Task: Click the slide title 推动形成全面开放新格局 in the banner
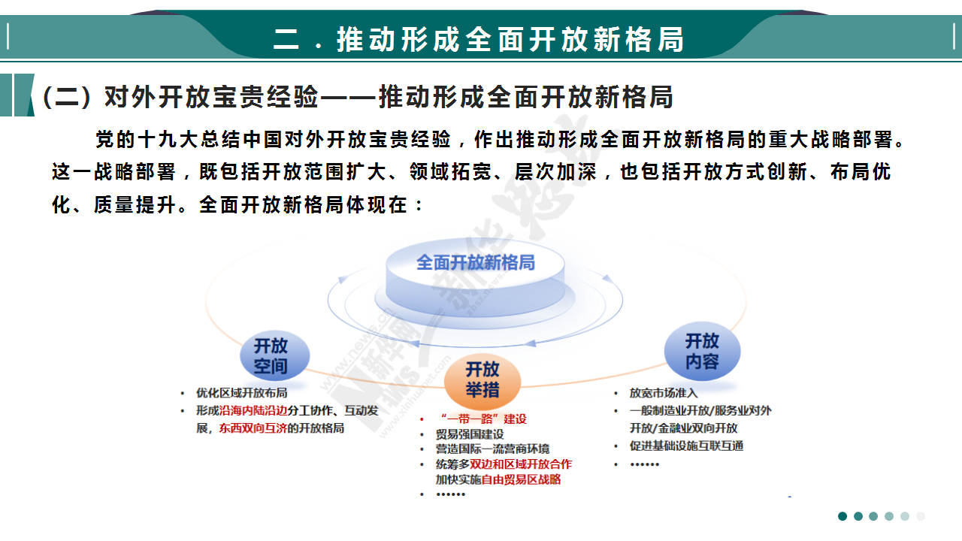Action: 510,39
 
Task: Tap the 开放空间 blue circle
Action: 274,356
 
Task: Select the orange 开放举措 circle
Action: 483,380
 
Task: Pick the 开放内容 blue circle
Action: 702,351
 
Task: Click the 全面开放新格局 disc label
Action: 476,262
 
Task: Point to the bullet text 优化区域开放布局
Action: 242,393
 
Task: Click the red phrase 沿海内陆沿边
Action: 253,410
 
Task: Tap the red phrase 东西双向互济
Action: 253,428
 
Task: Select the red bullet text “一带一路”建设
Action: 483,419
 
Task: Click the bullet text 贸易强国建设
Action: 470,434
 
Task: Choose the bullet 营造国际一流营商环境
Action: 492,449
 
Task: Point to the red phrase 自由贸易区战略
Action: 521,479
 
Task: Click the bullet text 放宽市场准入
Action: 664,393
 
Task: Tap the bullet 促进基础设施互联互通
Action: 686,446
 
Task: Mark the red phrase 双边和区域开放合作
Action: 521,464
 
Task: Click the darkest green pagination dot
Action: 843,516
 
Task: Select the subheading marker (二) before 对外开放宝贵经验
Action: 67,97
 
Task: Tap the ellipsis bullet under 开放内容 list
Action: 644,464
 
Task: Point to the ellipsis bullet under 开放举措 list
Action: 450,494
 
